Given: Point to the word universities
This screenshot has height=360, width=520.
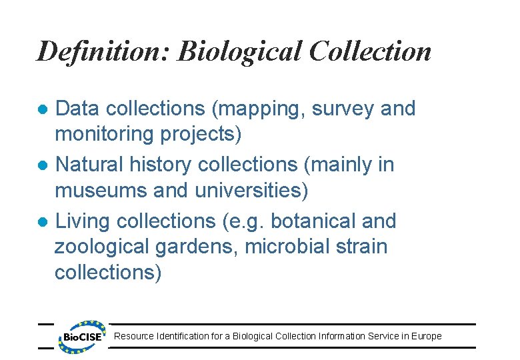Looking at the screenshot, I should click(251, 191).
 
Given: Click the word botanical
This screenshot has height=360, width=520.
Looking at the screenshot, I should click(318, 221).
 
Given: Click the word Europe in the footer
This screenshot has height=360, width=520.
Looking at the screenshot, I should click(427, 336).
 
